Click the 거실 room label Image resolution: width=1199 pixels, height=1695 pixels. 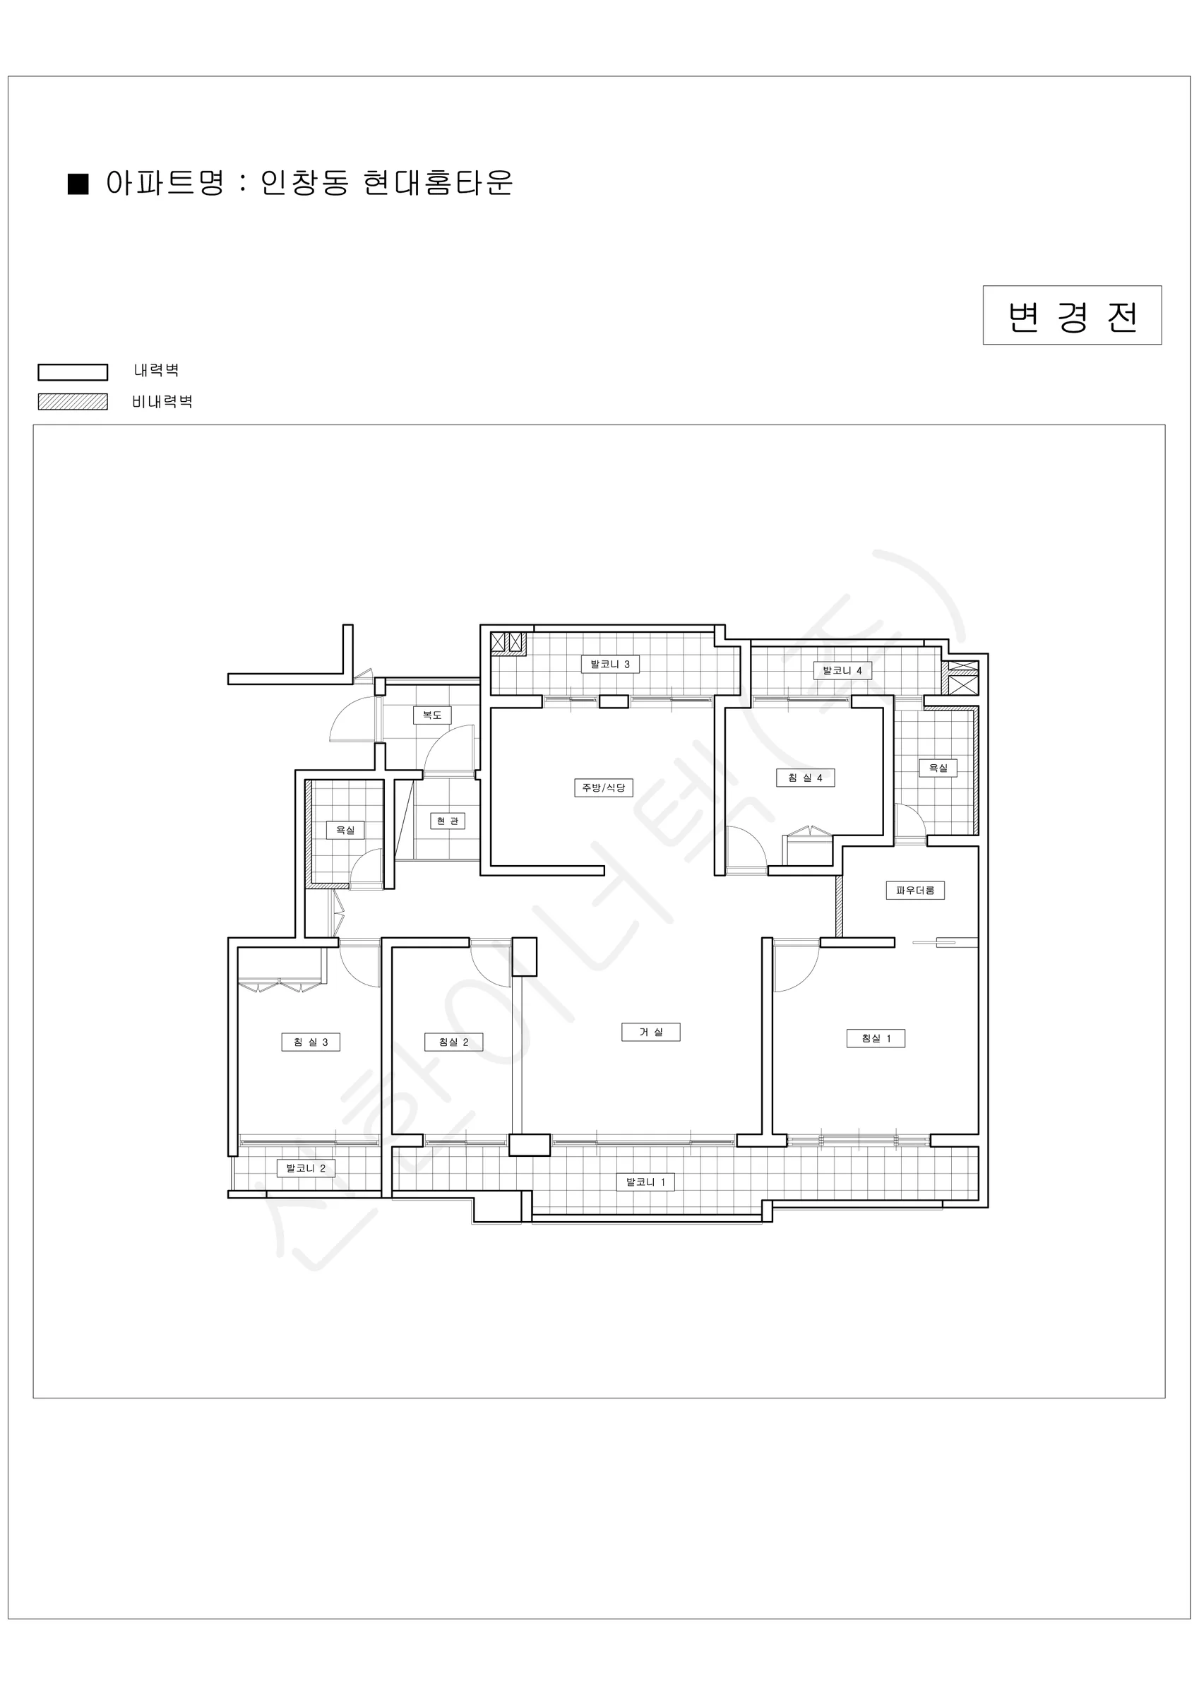click(x=650, y=1032)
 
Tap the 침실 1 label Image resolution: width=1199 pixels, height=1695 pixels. click(x=876, y=1038)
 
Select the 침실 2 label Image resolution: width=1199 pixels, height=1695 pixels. click(x=453, y=1042)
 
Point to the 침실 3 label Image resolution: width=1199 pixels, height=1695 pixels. click(x=311, y=1042)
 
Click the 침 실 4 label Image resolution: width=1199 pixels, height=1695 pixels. click(x=806, y=778)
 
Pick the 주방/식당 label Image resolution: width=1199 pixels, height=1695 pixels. click(x=603, y=787)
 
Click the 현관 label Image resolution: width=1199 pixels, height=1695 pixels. click(x=448, y=820)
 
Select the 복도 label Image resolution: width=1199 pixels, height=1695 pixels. click(x=432, y=715)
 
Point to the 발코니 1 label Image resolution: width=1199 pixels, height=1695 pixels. click(x=646, y=1182)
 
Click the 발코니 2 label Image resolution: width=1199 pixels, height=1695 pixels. click(x=306, y=1168)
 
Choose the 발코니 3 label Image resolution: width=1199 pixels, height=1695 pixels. click(x=610, y=664)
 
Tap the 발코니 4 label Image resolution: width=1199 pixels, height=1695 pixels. click(x=842, y=670)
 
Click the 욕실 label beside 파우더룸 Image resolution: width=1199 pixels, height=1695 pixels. click(x=938, y=768)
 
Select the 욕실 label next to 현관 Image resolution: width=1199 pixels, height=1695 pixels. click(x=345, y=830)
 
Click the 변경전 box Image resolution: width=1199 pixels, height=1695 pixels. click(x=1072, y=315)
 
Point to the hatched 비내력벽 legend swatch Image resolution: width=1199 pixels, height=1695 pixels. click(x=73, y=402)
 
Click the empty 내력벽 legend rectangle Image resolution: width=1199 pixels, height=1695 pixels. click(x=73, y=372)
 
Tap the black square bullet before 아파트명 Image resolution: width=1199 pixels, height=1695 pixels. click(x=78, y=184)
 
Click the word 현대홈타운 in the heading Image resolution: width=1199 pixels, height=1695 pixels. click(x=439, y=182)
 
